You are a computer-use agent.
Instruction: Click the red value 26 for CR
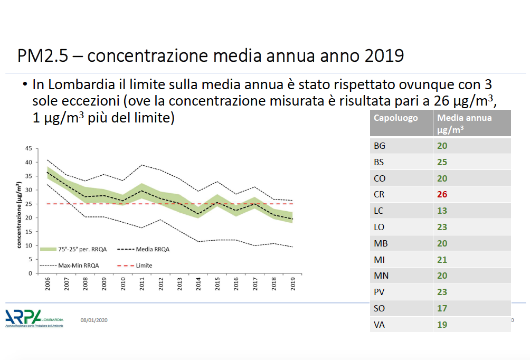[x=442, y=194]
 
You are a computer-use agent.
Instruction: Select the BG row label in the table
[x=380, y=146]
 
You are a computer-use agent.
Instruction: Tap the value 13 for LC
[x=442, y=211]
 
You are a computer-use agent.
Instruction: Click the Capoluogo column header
[x=395, y=118]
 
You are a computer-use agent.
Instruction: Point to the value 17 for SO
[x=442, y=308]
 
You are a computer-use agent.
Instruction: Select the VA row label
[x=379, y=325]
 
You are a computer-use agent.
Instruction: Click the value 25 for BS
[x=442, y=162]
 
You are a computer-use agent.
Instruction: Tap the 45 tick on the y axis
[x=29, y=148]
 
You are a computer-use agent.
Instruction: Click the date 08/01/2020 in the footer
[x=94, y=320]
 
